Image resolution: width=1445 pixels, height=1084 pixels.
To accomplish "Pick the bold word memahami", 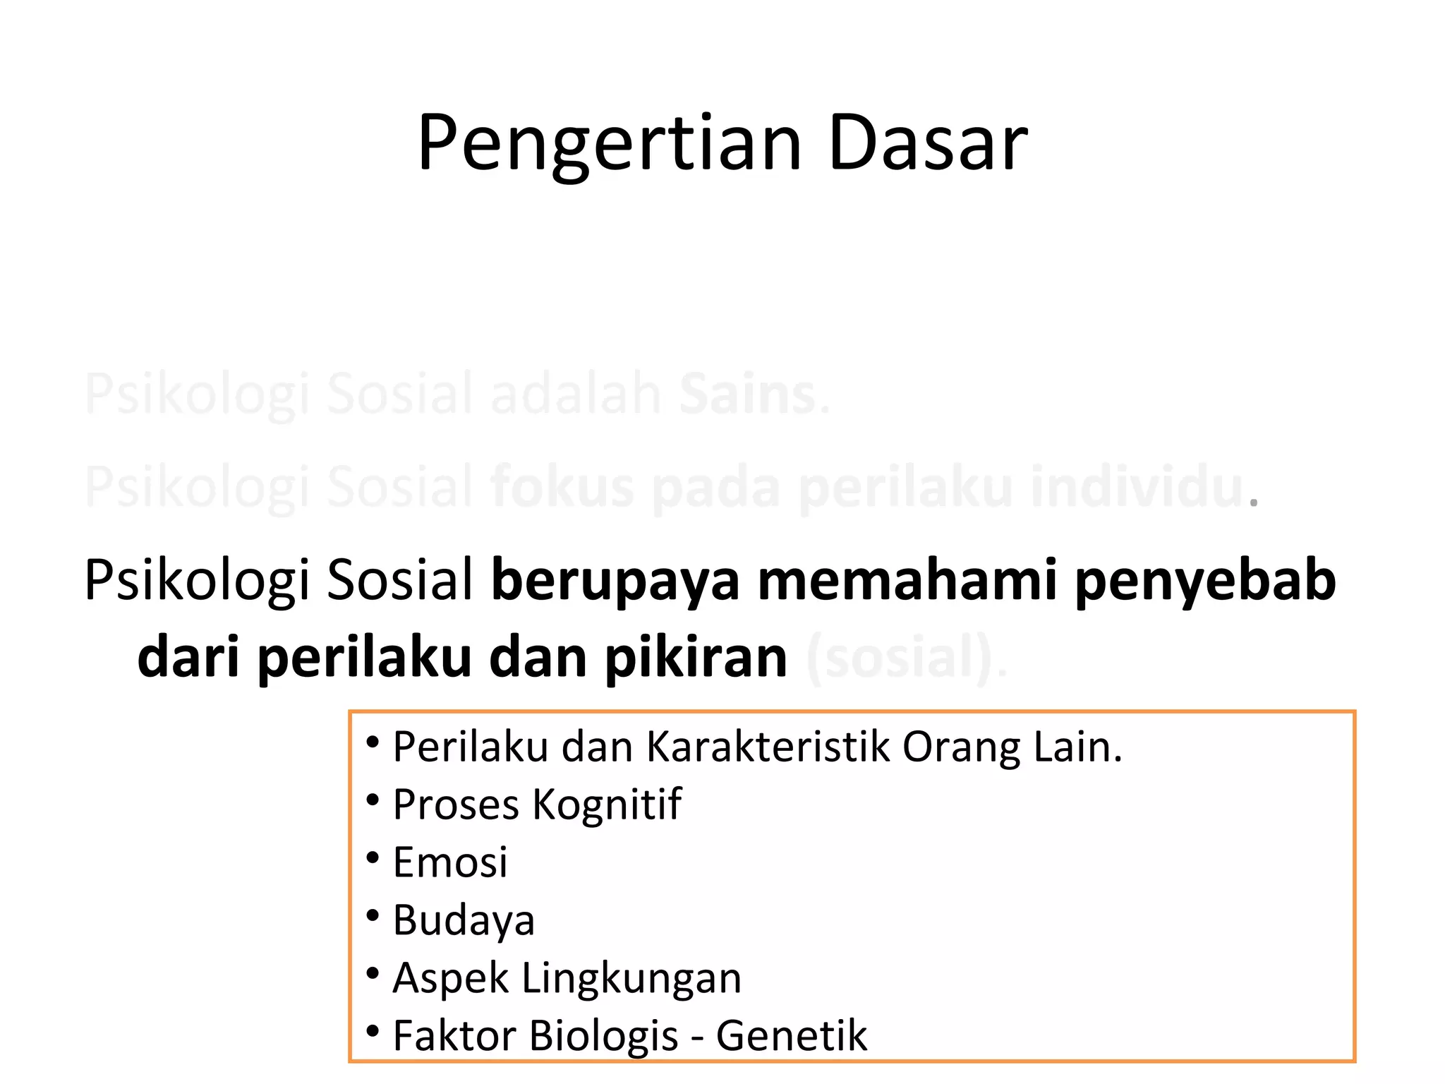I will click(907, 580).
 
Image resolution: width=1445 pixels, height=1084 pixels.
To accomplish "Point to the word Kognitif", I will click(607, 805).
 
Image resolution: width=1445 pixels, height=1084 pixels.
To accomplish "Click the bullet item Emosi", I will click(449, 862).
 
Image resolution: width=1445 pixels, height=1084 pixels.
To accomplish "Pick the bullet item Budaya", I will click(464, 921).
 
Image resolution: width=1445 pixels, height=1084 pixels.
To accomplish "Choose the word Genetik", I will click(791, 1036).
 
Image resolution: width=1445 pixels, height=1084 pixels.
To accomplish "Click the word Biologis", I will click(603, 1036).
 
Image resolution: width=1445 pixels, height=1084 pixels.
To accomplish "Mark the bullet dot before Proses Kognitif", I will click(373, 800).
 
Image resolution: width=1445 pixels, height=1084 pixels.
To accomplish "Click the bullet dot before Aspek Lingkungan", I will click(373, 974).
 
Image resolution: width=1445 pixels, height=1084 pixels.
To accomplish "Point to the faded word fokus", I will click(562, 487).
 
